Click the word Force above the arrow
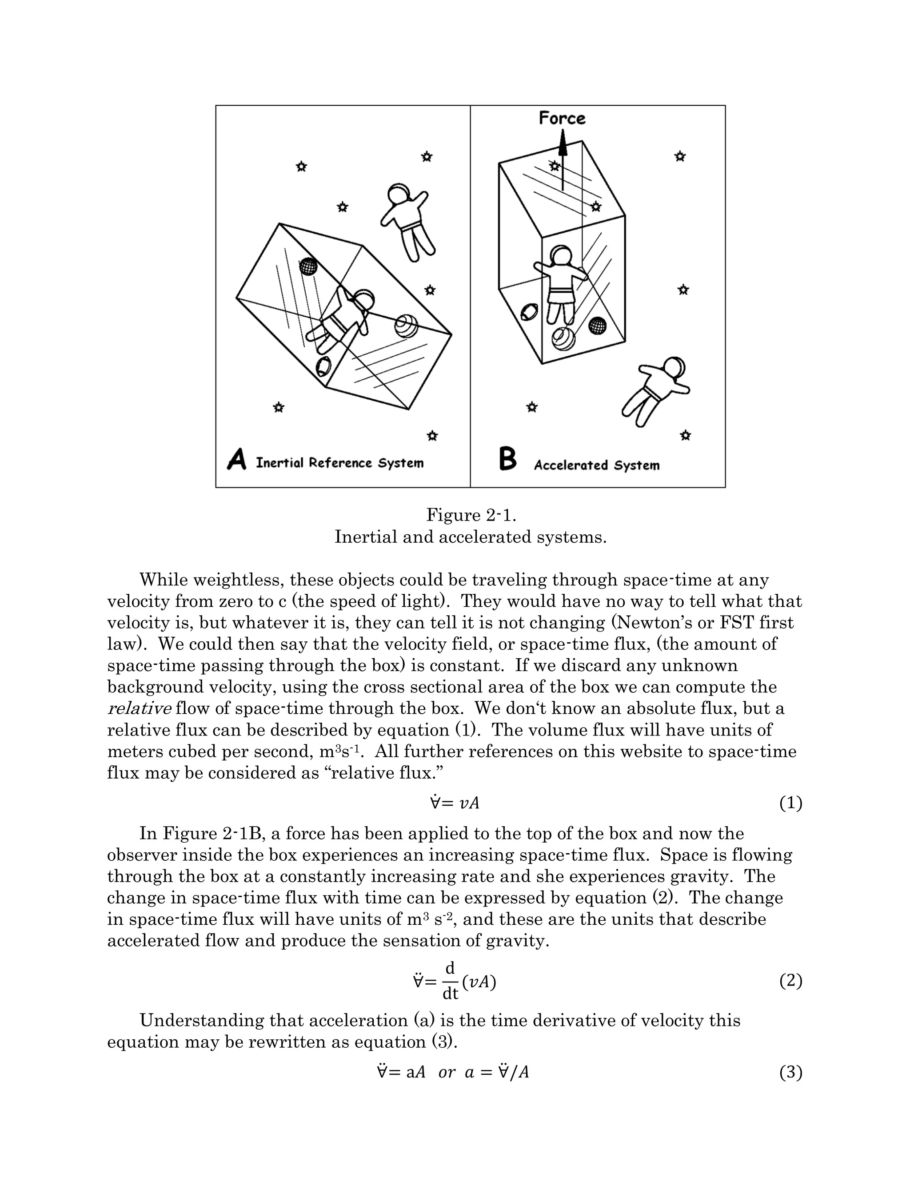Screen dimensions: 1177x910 coord(562,118)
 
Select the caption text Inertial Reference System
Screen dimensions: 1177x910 coord(339,463)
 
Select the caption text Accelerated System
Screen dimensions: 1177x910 coord(596,465)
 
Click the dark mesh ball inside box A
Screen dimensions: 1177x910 coord(308,266)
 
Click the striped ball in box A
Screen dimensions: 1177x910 coord(406,326)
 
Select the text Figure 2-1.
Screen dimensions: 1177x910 coord(471,515)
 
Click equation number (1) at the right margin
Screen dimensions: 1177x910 coord(790,803)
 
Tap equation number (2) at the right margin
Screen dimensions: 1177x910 coord(790,981)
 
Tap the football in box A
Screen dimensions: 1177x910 coord(323,366)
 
